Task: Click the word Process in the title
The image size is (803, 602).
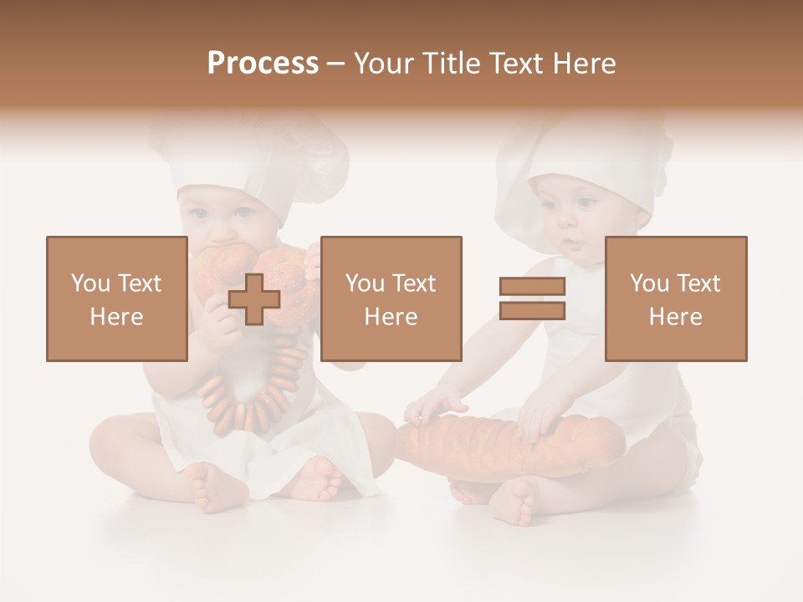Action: [263, 64]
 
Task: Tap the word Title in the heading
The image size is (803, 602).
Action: [451, 64]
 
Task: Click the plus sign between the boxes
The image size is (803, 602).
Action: [254, 299]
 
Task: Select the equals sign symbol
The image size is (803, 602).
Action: [533, 299]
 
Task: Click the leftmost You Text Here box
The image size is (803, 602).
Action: [117, 299]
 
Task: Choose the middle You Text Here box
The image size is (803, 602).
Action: [391, 299]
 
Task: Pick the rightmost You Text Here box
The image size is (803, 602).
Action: [676, 299]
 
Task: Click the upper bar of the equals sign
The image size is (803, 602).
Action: [533, 286]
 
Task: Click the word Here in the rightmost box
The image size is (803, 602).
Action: [676, 317]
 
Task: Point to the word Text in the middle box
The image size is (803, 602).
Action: [412, 283]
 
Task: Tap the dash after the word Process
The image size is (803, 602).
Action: [335, 64]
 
